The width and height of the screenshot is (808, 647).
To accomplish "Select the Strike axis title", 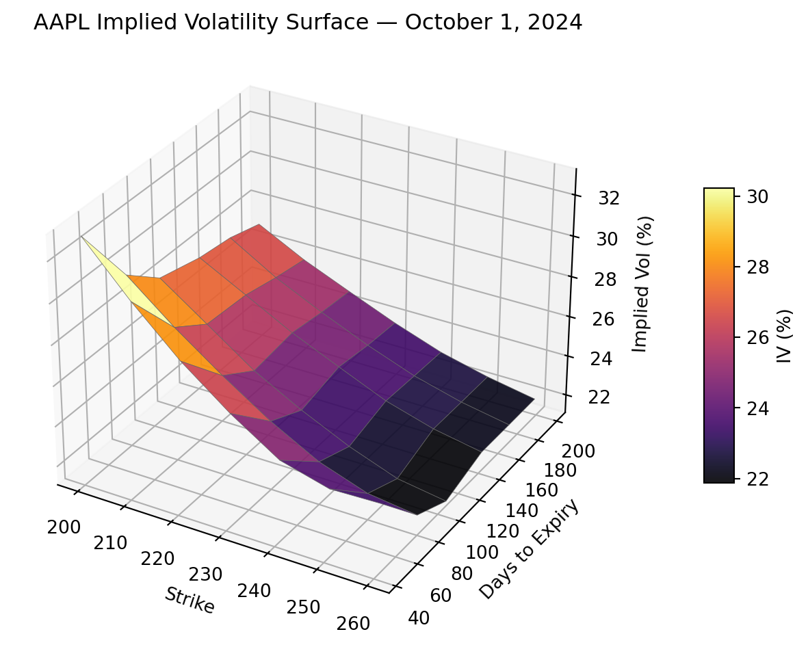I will coord(189,600).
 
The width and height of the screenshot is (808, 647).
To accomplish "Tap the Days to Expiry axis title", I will coord(529,549).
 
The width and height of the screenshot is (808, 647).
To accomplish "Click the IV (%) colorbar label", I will coord(784,335).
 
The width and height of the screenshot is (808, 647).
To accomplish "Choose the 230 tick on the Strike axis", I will coord(206,574).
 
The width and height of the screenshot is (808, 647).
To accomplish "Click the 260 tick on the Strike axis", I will coord(354,623).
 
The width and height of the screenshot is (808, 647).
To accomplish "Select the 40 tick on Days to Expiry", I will coord(419,618).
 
